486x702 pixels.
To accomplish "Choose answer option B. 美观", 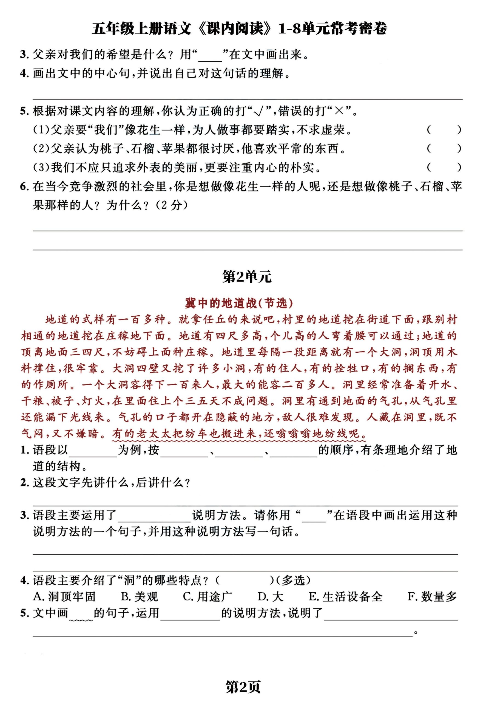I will (x=140, y=596).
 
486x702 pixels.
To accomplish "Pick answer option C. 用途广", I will (x=208, y=596).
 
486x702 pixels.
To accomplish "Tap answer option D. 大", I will (x=270, y=596).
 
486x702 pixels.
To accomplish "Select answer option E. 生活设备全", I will (x=346, y=596).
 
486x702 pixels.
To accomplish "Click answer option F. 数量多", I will (x=432, y=596).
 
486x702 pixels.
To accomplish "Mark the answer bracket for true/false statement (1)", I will (x=444, y=130).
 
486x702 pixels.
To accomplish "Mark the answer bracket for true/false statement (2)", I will (x=444, y=149).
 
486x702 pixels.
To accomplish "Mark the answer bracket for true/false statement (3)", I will (x=444, y=167).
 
